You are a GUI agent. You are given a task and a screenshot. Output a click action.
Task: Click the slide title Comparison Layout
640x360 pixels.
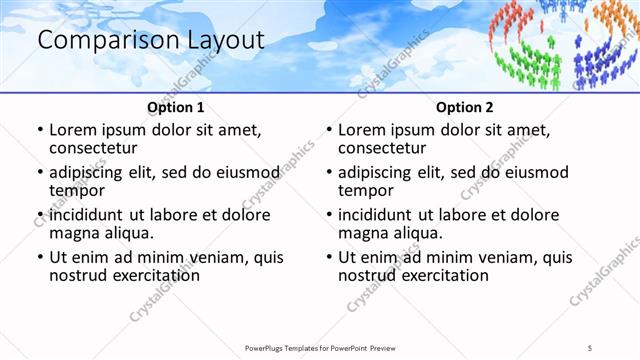(x=150, y=40)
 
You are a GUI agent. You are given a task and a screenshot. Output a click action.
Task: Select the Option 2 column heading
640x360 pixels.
(x=464, y=106)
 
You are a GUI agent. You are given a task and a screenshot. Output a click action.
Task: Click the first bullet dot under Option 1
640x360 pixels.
(x=39, y=131)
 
